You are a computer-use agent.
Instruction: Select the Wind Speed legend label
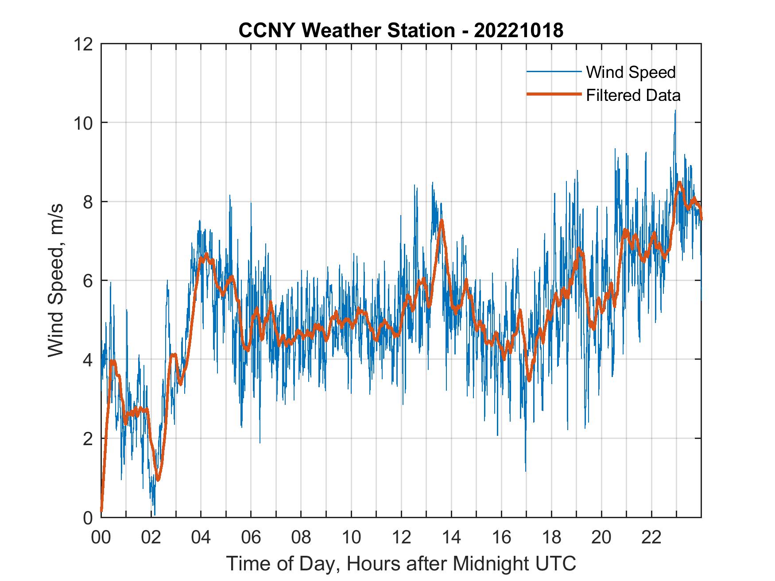point(631,72)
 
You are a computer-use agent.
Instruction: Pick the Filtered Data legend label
point(633,95)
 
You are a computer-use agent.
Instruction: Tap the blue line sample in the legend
point(554,72)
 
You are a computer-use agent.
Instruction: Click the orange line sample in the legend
point(554,95)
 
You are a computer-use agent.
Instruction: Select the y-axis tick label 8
point(87,202)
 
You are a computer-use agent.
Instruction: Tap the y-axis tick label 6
point(87,281)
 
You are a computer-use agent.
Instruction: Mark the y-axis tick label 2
point(87,439)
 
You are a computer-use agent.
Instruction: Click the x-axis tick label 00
point(101,538)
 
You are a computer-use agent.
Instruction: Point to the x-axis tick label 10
point(351,538)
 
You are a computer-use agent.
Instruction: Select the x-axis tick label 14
point(451,538)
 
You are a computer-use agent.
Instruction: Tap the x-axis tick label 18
point(551,538)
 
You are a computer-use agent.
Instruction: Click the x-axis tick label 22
point(651,538)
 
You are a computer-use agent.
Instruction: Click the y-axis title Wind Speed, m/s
point(56,280)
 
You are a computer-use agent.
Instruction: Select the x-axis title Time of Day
point(401,564)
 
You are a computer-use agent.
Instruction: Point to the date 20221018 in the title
point(519,31)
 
